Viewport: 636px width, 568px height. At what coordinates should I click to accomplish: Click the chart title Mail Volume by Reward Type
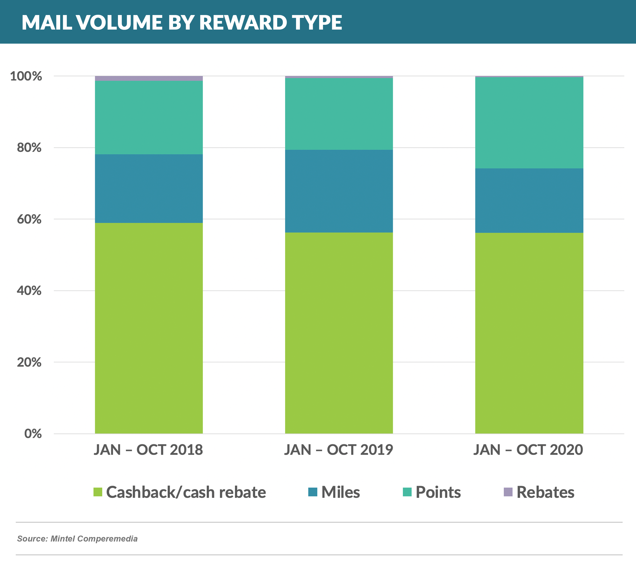click(182, 22)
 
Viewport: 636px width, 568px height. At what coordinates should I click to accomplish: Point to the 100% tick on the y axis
click(26, 76)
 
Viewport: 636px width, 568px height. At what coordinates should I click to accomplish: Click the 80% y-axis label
click(29, 148)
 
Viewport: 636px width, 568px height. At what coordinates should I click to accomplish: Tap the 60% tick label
click(29, 219)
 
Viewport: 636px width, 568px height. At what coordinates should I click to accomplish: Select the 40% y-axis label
click(29, 290)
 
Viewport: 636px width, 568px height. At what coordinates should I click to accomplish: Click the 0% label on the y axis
click(33, 434)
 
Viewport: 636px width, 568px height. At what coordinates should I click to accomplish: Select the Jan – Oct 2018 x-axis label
click(149, 450)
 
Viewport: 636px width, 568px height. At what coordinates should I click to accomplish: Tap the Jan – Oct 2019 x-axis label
click(339, 450)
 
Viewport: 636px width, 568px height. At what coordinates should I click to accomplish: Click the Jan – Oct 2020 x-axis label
click(529, 450)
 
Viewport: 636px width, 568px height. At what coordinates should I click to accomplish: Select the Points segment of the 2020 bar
click(529, 123)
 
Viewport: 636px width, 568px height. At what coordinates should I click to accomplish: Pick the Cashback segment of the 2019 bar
click(339, 333)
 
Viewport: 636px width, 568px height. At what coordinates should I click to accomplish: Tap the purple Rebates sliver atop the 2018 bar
click(149, 78)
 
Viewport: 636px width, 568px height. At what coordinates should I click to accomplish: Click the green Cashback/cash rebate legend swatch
click(98, 492)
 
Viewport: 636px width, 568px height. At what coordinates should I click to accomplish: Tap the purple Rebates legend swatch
click(508, 492)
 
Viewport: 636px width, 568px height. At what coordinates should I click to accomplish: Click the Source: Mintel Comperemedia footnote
click(77, 539)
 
